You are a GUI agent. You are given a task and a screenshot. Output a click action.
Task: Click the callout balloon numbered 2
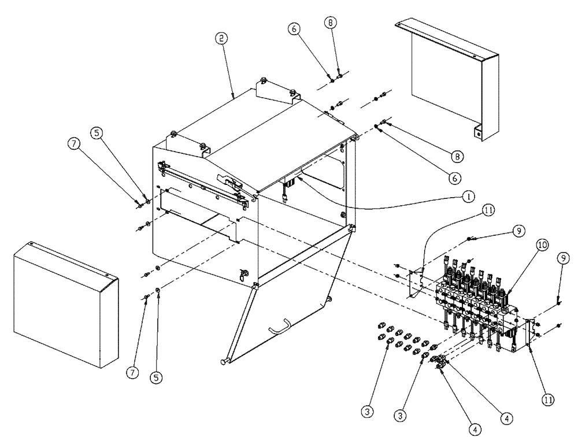(x=221, y=39)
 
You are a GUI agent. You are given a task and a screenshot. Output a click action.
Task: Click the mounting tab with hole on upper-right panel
(x=477, y=131)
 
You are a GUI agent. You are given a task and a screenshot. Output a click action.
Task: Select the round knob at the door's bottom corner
(x=222, y=362)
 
